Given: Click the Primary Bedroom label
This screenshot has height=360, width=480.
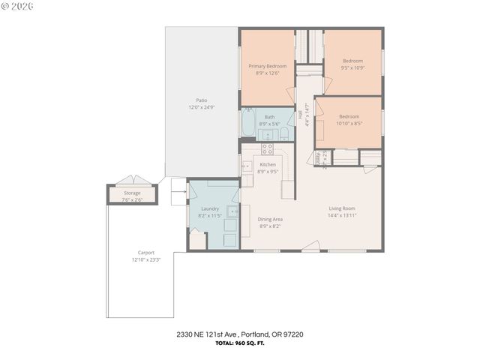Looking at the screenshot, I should click(268, 66).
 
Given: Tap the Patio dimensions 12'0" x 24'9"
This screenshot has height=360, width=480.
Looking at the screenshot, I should click(201, 107).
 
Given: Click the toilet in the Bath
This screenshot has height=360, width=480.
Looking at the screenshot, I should click(285, 135).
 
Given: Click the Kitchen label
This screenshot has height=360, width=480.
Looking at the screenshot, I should click(268, 164).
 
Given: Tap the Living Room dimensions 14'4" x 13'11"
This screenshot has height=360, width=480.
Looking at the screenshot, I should click(341, 215).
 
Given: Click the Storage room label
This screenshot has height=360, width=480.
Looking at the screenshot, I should click(132, 193).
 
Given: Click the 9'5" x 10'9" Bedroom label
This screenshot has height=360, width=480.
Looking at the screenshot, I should click(352, 61).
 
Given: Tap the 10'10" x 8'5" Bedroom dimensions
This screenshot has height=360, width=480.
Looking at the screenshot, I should click(349, 124).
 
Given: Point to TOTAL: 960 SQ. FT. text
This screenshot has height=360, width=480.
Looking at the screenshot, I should click(239, 342).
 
